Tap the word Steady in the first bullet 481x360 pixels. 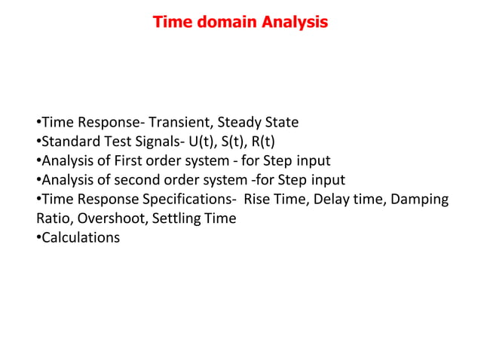coord(242,123)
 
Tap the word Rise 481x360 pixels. coord(259,200)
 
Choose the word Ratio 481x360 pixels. coord(53,218)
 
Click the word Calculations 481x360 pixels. coord(81,238)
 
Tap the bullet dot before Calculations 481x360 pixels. coord(38,238)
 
